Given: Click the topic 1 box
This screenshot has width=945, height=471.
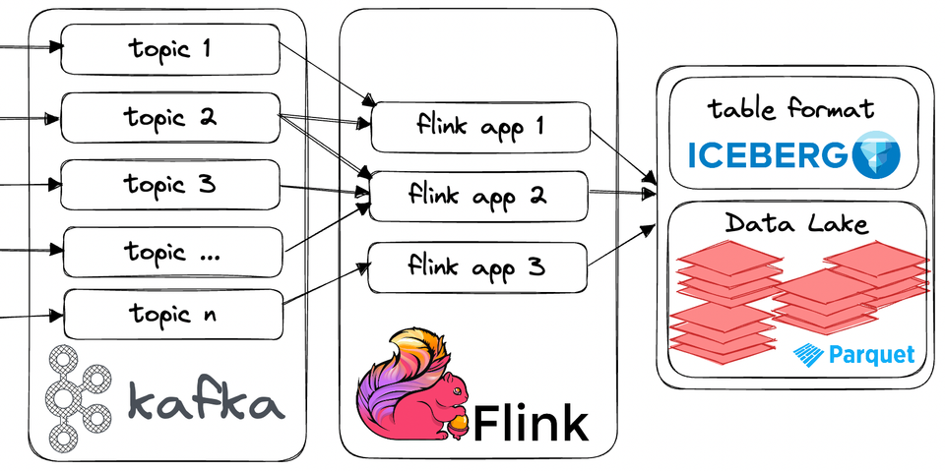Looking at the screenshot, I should [x=169, y=50].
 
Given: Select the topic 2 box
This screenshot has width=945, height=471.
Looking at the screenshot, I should [x=169, y=118].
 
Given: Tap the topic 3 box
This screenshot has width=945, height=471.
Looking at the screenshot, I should [x=169, y=185].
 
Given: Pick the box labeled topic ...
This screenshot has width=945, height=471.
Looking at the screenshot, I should [x=172, y=253].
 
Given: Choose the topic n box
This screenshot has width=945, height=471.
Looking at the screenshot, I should [x=172, y=315].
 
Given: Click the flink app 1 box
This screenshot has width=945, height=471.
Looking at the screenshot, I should [x=479, y=128].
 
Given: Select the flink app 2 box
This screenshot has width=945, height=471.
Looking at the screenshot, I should [x=477, y=196].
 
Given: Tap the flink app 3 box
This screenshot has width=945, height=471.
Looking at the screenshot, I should [x=477, y=266].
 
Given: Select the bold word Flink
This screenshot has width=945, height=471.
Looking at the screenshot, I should [x=532, y=423].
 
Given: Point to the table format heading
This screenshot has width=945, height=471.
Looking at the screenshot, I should [x=792, y=109].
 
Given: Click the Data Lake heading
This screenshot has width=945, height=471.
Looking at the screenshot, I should [x=797, y=224].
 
